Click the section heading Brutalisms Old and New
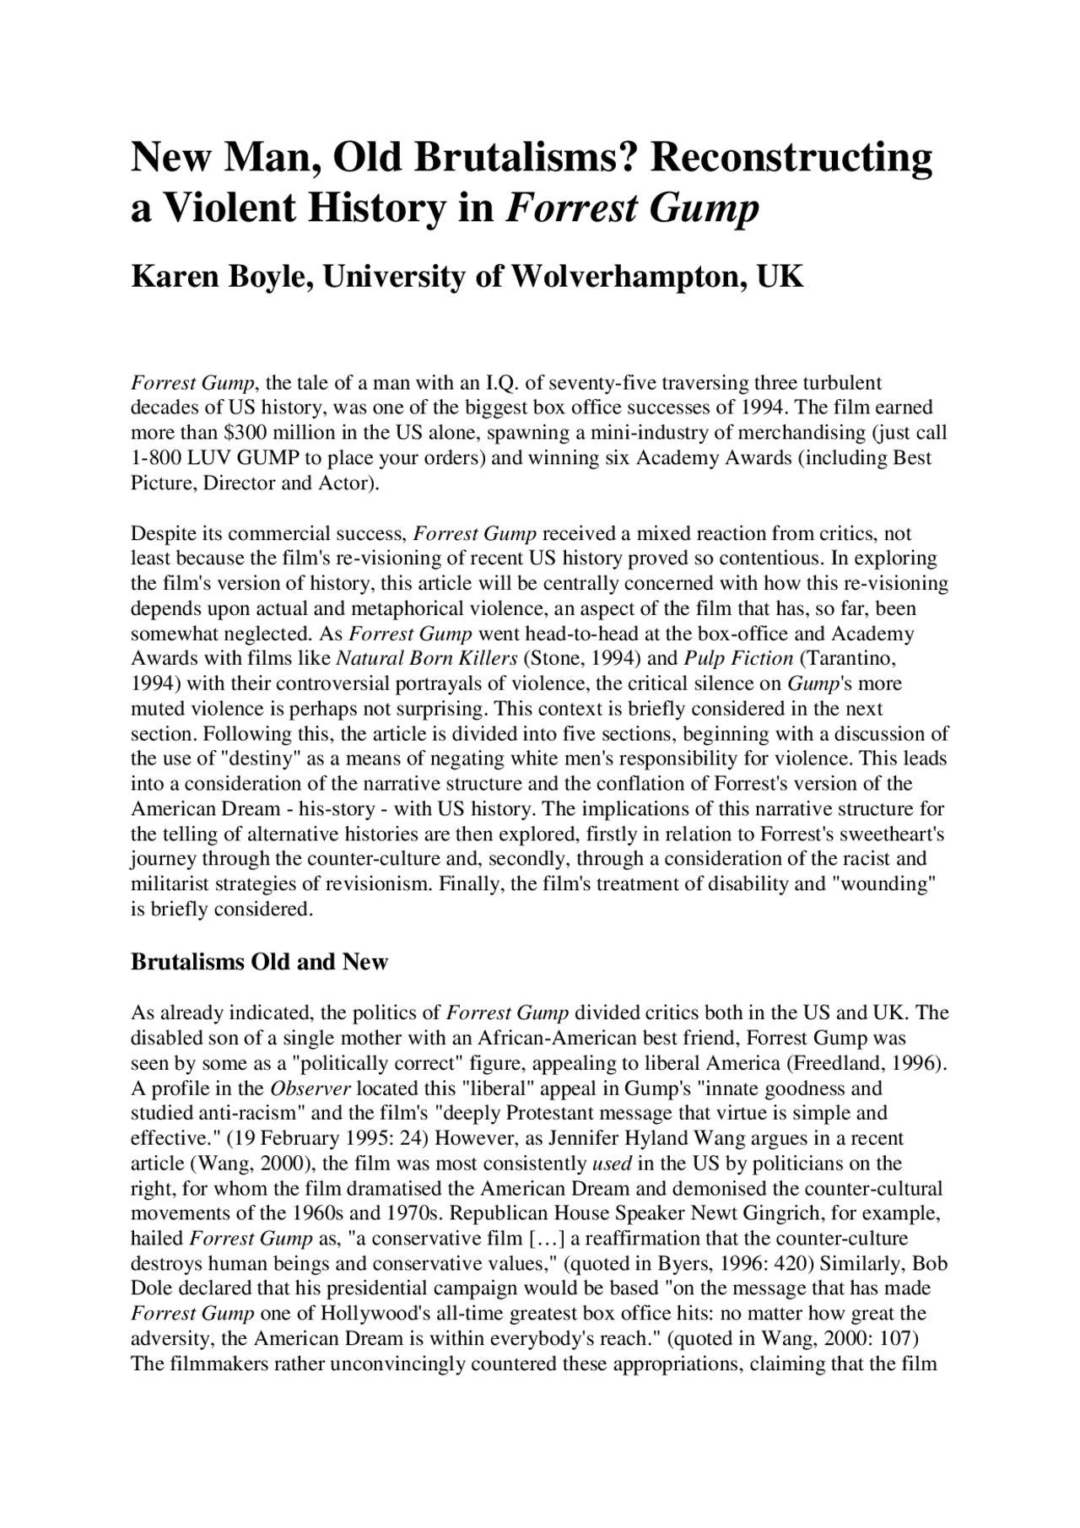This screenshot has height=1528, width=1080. (259, 962)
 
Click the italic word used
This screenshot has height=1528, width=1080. (612, 1164)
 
